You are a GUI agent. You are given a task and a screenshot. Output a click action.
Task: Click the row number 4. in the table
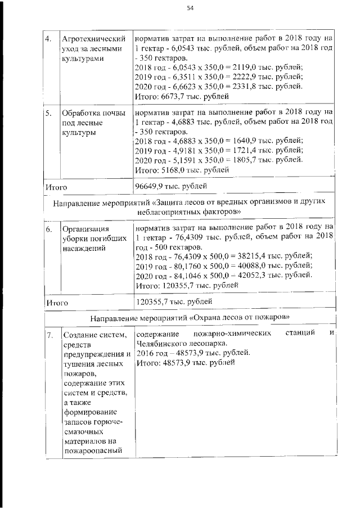49,39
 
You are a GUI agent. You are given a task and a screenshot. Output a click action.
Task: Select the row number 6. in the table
49,229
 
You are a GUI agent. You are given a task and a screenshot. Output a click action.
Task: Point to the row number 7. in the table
49,336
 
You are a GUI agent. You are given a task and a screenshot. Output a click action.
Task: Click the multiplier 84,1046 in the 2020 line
183,276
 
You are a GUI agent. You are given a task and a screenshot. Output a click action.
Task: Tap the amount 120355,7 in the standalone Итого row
153,301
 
